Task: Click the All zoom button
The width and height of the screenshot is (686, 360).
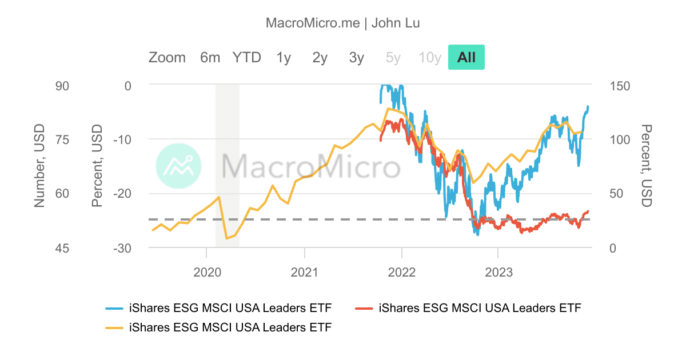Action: click(x=466, y=57)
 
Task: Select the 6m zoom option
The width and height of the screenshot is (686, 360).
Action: click(x=210, y=57)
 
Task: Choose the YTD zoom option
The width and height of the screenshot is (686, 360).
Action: click(x=246, y=57)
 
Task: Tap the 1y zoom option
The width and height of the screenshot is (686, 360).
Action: click(x=284, y=57)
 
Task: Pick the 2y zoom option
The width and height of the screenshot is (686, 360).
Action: click(x=320, y=57)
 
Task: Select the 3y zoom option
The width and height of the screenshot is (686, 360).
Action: click(x=357, y=57)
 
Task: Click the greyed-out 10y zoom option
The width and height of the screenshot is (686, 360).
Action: click(x=430, y=57)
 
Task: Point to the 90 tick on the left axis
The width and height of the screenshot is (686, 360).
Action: click(x=62, y=86)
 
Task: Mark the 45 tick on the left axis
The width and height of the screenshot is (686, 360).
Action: click(x=62, y=248)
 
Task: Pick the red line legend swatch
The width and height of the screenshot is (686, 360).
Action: click(x=365, y=309)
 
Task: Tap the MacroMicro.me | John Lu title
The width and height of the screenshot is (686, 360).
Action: click(x=343, y=23)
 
